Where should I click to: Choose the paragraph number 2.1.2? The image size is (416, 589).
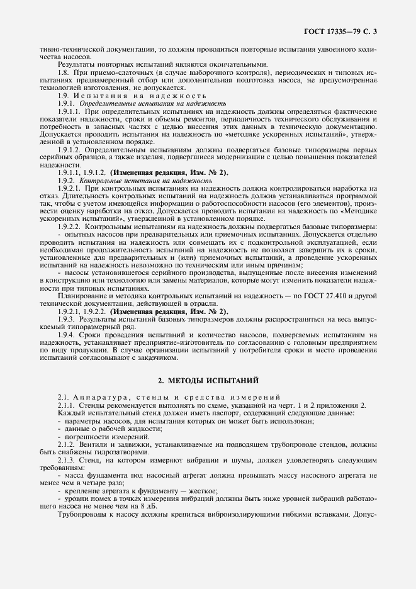coord(67,444)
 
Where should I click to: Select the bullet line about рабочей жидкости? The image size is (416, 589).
coord(104,428)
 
